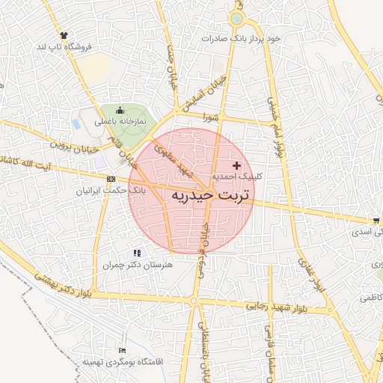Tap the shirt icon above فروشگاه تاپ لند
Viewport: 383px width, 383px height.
[x=64, y=35]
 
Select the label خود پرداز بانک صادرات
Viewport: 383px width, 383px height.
[x=241, y=38]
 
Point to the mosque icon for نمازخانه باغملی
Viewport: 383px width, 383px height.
[x=119, y=109]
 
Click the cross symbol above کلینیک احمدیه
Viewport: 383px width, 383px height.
[x=238, y=165]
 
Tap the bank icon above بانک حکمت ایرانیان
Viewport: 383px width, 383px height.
[x=111, y=179]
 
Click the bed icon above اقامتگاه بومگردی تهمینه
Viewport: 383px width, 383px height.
[x=123, y=350]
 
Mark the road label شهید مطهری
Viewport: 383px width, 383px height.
[x=174, y=159]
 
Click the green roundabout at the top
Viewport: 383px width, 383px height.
[x=237, y=19]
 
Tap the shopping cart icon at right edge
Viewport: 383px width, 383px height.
[x=375, y=220]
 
